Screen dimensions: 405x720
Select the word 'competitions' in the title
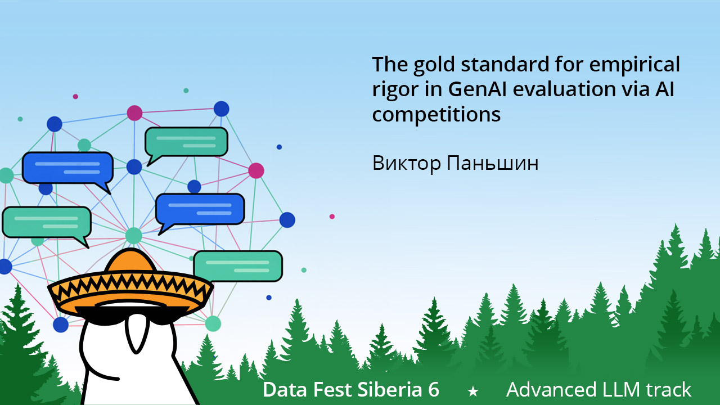click(436, 115)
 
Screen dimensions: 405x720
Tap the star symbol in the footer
click(473, 391)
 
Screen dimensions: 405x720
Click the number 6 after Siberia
click(433, 390)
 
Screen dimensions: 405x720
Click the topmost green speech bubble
click(186, 142)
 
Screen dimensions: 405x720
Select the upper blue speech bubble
click(67, 167)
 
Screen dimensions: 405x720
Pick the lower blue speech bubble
click(200, 209)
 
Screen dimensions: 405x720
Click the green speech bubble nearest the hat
click(237, 265)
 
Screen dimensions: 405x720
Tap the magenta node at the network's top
click(134, 113)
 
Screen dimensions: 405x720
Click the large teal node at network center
click(133, 235)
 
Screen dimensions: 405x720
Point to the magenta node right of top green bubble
click(256, 170)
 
